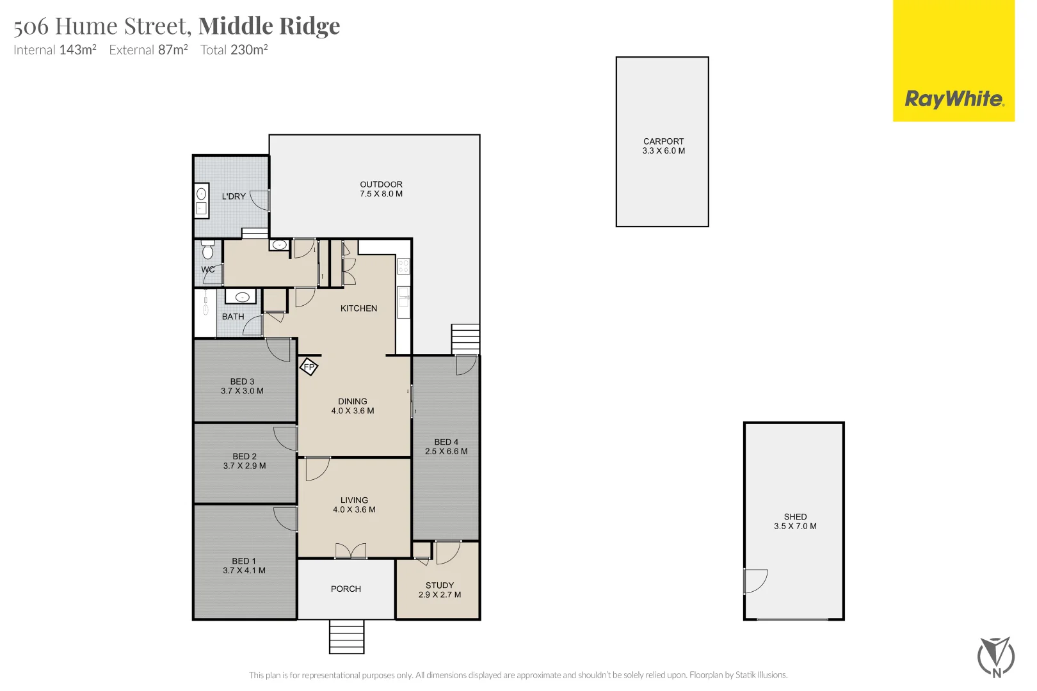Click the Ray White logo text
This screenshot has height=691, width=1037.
pos(954,99)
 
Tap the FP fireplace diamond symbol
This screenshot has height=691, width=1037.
pos(309,367)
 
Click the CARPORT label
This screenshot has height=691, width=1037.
pos(663,141)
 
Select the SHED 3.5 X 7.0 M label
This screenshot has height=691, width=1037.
pos(795,521)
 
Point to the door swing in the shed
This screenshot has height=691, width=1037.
pos(755,581)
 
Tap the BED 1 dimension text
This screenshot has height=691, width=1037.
pos(244,571)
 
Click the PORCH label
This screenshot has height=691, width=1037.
pos(346,589)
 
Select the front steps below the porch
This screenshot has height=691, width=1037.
pos(346,637)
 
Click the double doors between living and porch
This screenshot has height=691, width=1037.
pos(351,551)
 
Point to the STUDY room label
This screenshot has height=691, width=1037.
pos(440,585)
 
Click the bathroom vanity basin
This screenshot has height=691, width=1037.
pos(242,297)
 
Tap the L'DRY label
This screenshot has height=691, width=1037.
pos(234,196)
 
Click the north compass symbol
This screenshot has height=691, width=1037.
pos(996,656)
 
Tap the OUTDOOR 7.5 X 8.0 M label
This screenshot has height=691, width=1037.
pos(381,189)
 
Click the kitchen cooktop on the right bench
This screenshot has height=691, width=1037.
pos(403,266)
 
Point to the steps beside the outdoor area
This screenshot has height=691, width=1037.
pos(465,338)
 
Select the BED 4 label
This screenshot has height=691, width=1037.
pos(446,442)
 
